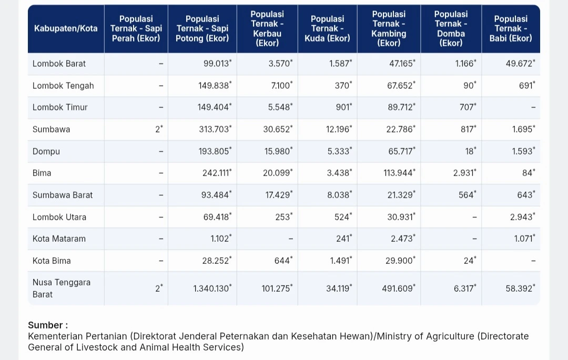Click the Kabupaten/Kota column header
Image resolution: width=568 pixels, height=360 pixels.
[66, 28]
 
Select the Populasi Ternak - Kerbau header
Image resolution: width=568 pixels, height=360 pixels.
[267, 28]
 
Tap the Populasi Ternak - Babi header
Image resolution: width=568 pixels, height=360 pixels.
[510, 28]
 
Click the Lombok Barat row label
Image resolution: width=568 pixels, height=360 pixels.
[59, 64]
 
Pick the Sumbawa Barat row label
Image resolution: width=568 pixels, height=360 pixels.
[63, 195]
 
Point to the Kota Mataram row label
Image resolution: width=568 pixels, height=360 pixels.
[59, 239]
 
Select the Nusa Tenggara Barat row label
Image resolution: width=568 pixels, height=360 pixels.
[62, 288]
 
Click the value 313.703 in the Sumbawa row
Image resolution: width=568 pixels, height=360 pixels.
[214, 129]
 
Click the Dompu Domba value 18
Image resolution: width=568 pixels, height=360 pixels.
[470, 151]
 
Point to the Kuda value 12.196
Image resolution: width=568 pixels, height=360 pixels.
[338, 129]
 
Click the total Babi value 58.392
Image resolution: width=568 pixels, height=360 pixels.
[519, 288]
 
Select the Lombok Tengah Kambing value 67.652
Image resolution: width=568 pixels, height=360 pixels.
[400, 86]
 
